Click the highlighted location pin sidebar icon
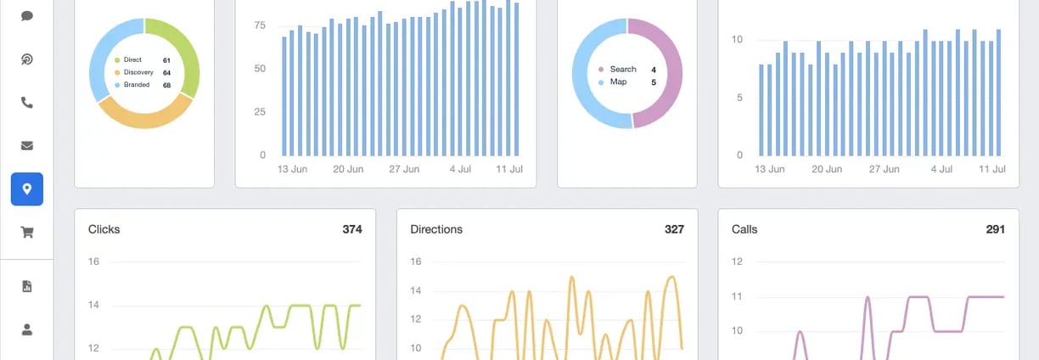[x=27, y=189]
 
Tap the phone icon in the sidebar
[x=27, y=103]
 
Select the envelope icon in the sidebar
[x=27, y=146]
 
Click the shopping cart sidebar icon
[x=27, y=233]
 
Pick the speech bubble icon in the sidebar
[x=27, y=16]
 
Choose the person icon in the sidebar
[x=27, y=329]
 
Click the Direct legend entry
[x=133, y=60]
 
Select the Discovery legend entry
[x=138, y=72]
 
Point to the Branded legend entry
[x=137, y=85]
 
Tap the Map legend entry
[x=617, y=82]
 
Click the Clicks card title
[x=104, y=229]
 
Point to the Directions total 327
[x=674, y=229]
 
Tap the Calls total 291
[x=995, y=229]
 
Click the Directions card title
[x=436, y=229]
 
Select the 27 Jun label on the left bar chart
[x=403, y=169]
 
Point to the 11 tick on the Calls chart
[x=737, y=296]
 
